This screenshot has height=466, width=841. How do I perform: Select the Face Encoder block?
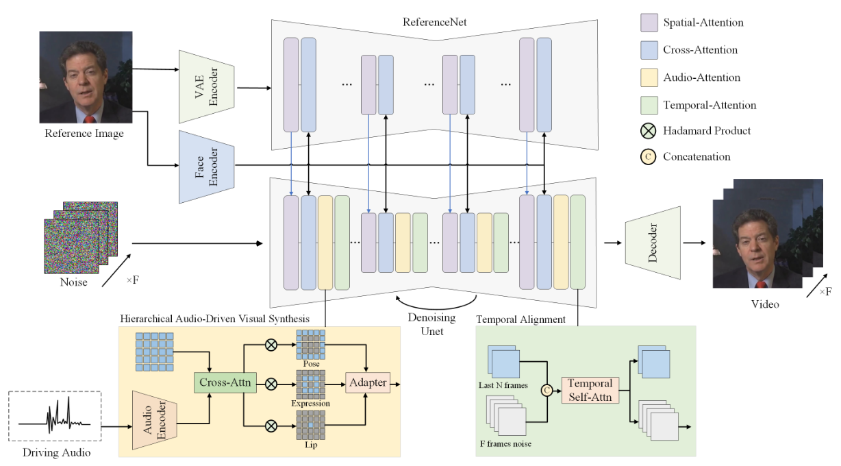click(207, 166)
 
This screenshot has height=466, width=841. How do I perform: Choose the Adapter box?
click(368, 382)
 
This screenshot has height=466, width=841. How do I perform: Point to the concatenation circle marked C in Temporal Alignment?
click(547, 390)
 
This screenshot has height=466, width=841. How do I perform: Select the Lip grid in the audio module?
click(311, 426)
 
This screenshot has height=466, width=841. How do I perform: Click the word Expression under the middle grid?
click(311, 404)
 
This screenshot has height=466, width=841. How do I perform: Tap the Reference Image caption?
click(84, 134)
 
